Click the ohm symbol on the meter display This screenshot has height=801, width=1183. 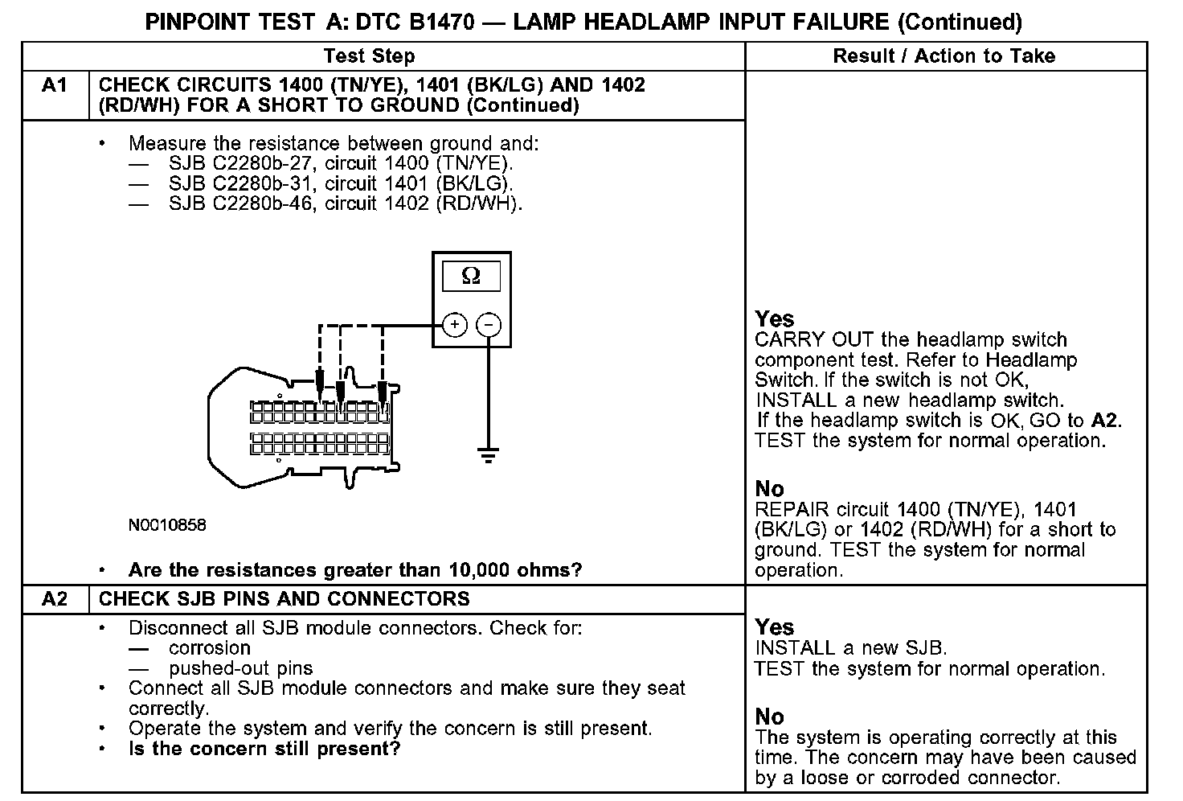tap(471, 277)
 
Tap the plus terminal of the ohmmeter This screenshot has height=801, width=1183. tap(455, 325)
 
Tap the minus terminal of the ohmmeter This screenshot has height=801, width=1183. tap(489, 325)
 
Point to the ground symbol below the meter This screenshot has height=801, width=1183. tap(488, 456)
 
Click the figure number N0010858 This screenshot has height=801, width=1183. tap(167, 525)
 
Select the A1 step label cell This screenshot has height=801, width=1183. tap(55, 85)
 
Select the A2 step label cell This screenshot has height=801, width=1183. tap(55, 599)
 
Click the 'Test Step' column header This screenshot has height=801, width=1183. tap(369, 56)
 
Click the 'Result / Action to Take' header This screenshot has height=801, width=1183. tap(944, 56)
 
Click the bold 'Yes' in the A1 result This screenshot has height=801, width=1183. tap(775, 319)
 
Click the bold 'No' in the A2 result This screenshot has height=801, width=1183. tap(769, 717)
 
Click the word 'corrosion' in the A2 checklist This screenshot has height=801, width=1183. tap(210, 648)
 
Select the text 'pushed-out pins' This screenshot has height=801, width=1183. tap(240, 668)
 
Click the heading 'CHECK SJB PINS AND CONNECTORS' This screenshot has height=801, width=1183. tap(284, 599)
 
